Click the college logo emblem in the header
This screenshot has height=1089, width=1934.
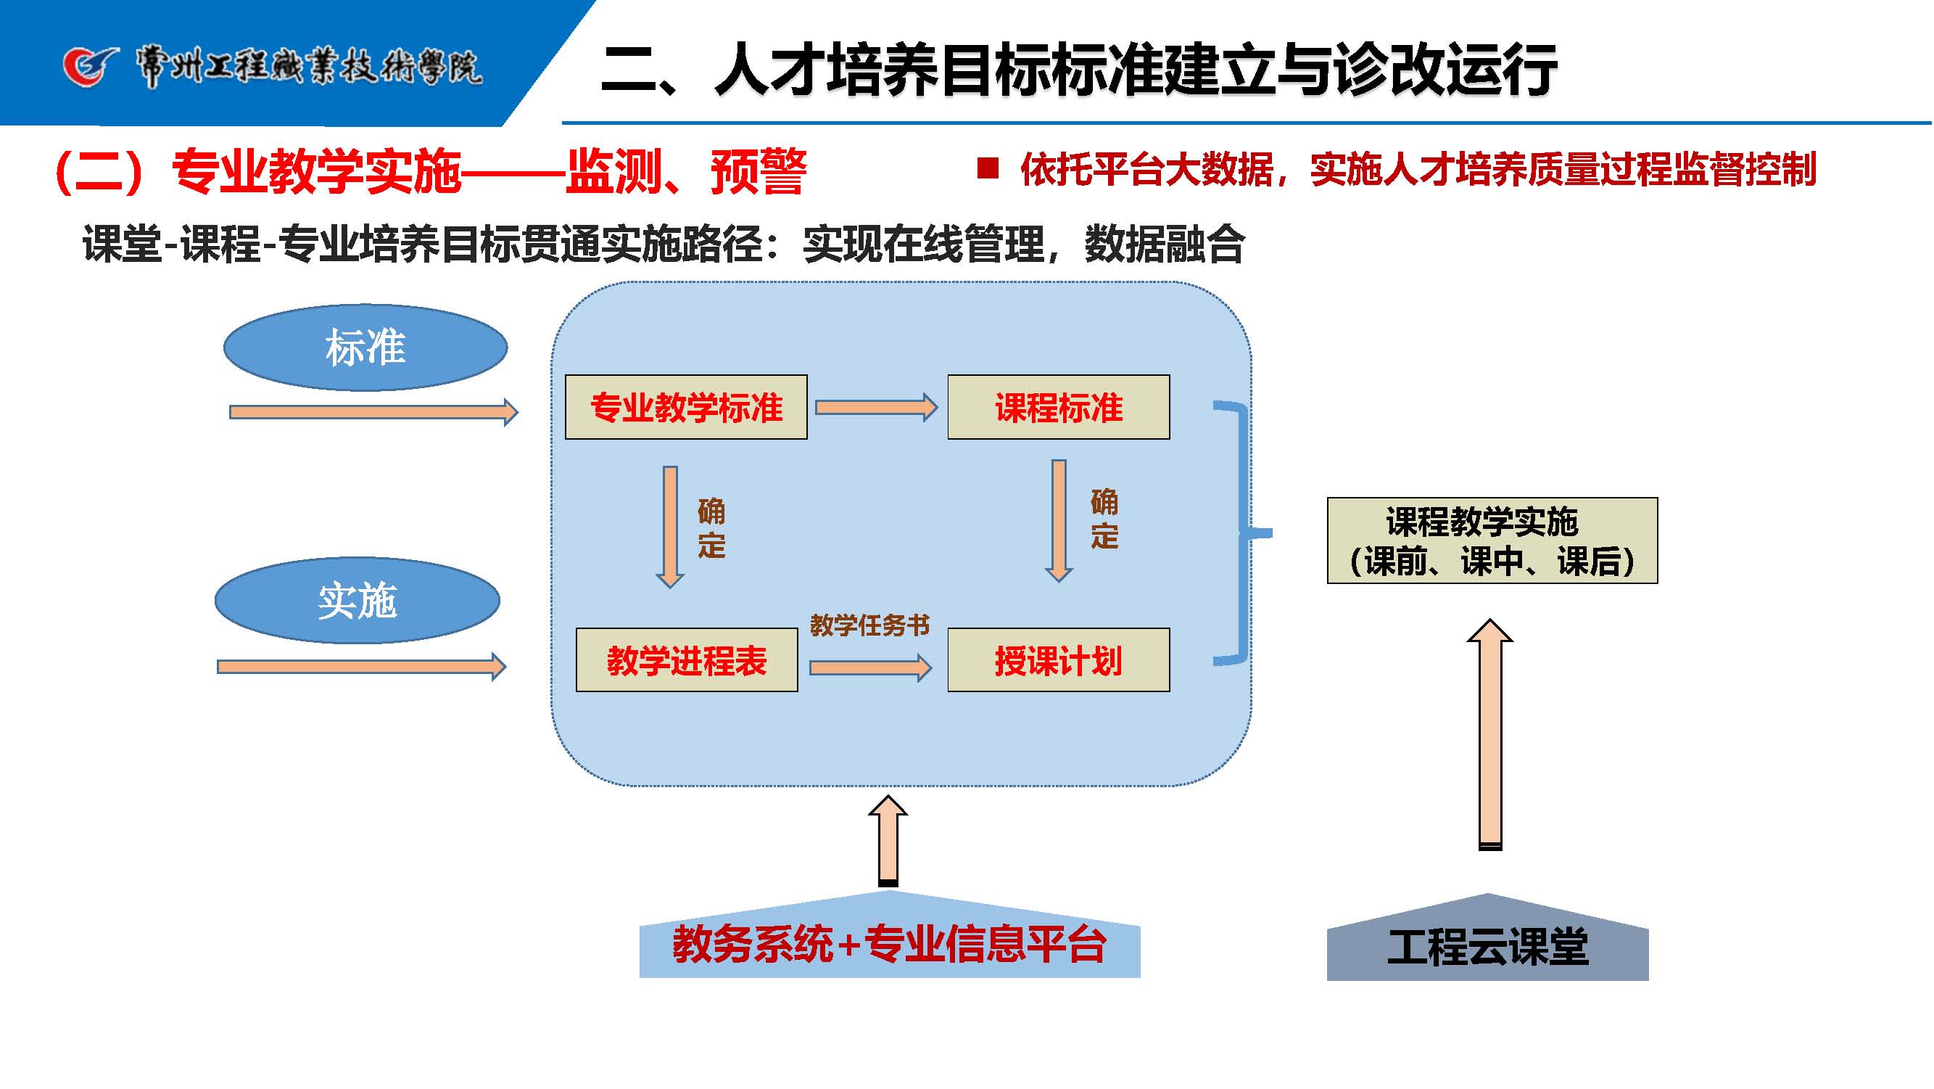(x=90, y=67)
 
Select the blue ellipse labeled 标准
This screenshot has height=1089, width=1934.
(x=365, y=348)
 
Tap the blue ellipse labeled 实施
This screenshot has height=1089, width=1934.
(x=358, y=600)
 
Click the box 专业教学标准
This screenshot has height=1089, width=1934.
(x=685, y=407)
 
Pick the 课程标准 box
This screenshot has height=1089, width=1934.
(x=1058, y=407)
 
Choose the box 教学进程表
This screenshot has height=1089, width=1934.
(x=686, y=660)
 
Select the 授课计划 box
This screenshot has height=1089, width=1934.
(x=1058, y=660)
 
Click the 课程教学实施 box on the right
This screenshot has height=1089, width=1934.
(x=1491, y=541)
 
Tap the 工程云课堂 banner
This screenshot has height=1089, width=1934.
(x=1487, y=945)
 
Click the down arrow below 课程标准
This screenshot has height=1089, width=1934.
(x=1059, y=519)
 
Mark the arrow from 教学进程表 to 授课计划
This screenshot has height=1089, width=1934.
(x=870, y=667)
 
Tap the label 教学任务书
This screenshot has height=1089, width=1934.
(x=869, y=625)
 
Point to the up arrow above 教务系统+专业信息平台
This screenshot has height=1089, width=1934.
(x=888, y=840)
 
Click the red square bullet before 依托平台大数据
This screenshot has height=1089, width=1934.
(x=987, y=168)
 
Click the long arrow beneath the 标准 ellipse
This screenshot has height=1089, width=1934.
(x=373, y=411)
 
